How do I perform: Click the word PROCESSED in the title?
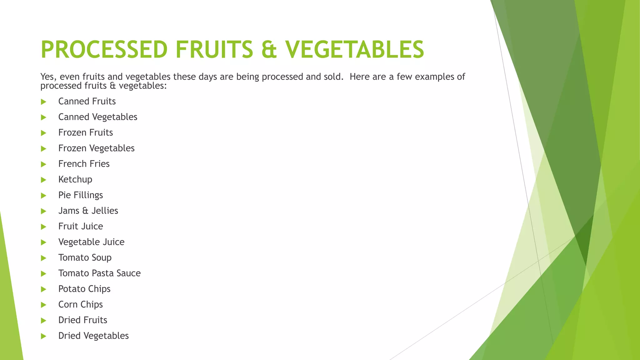point(104,49)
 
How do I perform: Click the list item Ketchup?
point(75,179)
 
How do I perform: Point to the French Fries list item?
point(84,164)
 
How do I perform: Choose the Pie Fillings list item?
point(80,195)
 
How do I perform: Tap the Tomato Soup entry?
point(85,257)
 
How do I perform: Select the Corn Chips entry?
point(80,304)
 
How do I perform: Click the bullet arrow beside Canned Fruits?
point(43,102)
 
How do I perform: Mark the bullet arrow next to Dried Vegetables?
point(43,336)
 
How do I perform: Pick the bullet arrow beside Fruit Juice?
point(43,227)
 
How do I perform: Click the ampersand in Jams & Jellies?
point(85,211)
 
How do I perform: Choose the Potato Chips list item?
point(84,289)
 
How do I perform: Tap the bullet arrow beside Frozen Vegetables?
point(43,148)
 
